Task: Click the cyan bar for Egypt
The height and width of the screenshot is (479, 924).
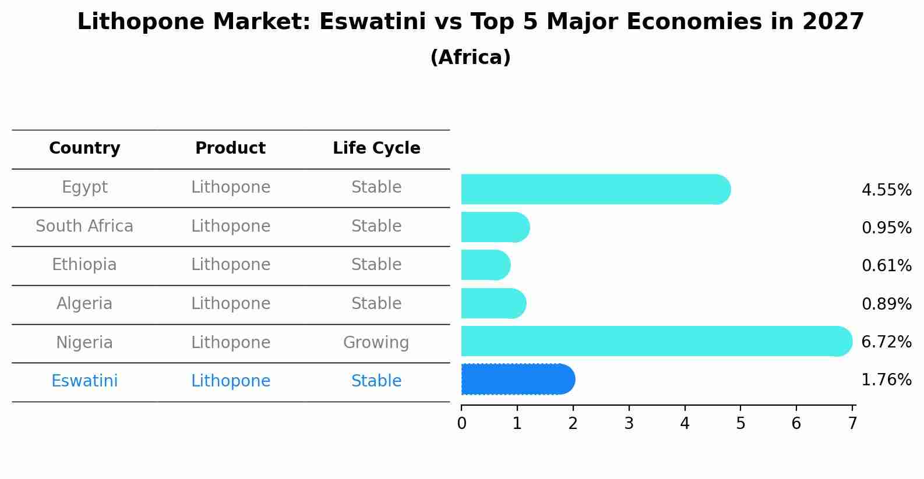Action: click(595, 189)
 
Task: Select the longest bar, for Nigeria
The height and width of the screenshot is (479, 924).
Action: click(657, 341)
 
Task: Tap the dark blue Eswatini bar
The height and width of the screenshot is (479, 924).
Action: click(518, 379)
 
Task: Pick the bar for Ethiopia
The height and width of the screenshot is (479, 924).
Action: click(486, 265)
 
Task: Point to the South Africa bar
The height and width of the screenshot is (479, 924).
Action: click(495, 227)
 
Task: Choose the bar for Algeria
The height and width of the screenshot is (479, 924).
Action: click(494, 303)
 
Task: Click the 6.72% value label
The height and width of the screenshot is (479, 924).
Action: click(887, 342)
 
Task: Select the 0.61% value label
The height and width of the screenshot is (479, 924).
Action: click(887, 265)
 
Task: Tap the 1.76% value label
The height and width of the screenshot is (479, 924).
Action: click(887, 379)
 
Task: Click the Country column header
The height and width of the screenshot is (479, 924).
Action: click(84, 148)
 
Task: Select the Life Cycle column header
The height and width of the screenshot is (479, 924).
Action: click(376, 148)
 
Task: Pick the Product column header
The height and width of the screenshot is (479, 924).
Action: click(231, 148)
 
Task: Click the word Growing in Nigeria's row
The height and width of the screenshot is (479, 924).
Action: click(376, 343)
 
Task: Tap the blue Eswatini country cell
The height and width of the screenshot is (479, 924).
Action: click(84, 381)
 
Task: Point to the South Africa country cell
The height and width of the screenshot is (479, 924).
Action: click(84, 226)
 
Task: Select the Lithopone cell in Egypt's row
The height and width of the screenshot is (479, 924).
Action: click(231, 187)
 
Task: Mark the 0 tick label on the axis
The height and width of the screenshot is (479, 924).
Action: click(461, 423)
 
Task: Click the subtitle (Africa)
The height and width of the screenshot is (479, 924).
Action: click(471, 57)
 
